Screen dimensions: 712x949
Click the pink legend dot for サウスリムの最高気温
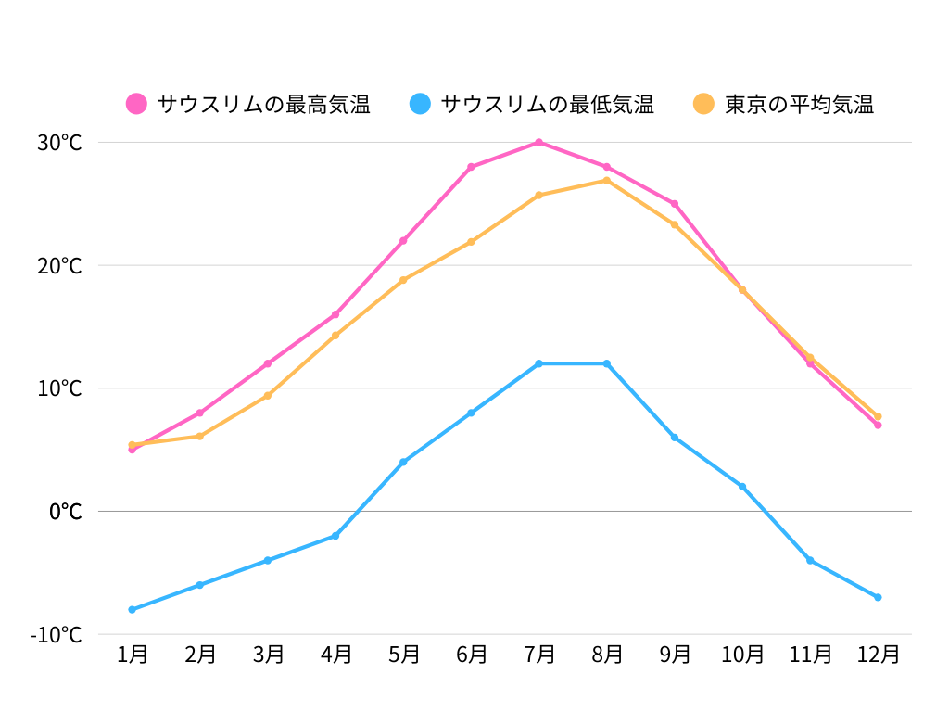point(137,104)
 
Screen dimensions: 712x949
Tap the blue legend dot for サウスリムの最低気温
point(421,104)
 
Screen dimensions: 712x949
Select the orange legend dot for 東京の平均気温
point(704,104)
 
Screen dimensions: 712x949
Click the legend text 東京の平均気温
point(799,104)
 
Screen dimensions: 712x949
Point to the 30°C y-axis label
point(59,143)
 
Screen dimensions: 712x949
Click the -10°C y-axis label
point(56,635)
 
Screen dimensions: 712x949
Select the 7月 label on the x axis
point(538,655)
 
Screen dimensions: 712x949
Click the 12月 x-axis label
point(878,655)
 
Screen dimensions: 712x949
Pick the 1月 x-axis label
point(133,655)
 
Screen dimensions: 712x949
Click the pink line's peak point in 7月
point(538,142)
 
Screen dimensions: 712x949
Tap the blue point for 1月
point(133,609)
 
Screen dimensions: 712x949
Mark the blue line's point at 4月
point(335,536)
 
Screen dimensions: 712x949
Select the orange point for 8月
point(607,180)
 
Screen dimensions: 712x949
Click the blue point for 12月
point(878,597)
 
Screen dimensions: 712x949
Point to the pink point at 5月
point(403,241)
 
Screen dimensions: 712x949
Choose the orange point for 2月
point(200,436)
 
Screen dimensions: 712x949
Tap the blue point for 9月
point(675,438)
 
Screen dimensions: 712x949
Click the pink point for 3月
point(268,363)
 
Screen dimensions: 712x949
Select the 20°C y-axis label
point(59,266)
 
